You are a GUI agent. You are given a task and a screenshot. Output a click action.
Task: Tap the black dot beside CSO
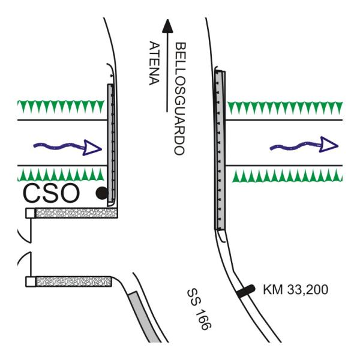pos(102,193)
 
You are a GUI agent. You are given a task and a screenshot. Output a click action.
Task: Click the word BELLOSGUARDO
pos(178,99)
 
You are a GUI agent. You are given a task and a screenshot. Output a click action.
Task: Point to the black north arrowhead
pos(166,25)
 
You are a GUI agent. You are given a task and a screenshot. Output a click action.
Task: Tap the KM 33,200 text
pos(295,290)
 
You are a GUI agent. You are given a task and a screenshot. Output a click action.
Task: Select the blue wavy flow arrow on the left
pos(66,146)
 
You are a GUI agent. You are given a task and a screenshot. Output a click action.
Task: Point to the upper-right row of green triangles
pos(285,108)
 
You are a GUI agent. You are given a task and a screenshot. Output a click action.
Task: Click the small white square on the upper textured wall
pos(30,213)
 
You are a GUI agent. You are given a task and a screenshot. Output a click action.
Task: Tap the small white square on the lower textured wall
pos(30,281)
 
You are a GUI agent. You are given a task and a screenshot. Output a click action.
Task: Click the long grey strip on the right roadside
pos(220,150)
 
